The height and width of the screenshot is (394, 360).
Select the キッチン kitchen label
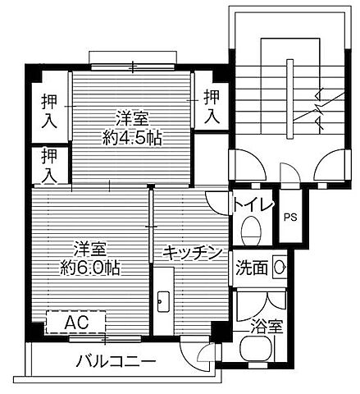point(192,253)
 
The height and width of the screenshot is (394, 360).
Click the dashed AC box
point(76,320)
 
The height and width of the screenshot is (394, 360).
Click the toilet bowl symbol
point(253,227)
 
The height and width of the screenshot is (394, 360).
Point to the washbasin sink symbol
point(280,268)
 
